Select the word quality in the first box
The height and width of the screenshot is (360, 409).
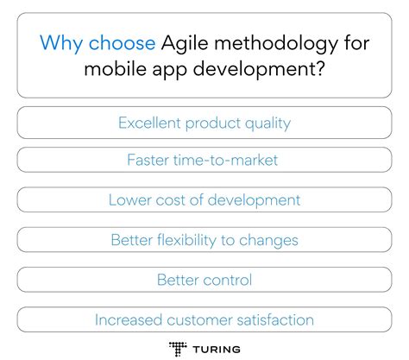click(265, 123)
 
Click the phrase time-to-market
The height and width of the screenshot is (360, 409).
click(231, 161)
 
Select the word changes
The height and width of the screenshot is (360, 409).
click(270, 240)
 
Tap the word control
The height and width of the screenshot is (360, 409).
click(228, 280)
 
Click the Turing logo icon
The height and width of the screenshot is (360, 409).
click(179, 348)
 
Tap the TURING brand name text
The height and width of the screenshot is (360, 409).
click(217, 348)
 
